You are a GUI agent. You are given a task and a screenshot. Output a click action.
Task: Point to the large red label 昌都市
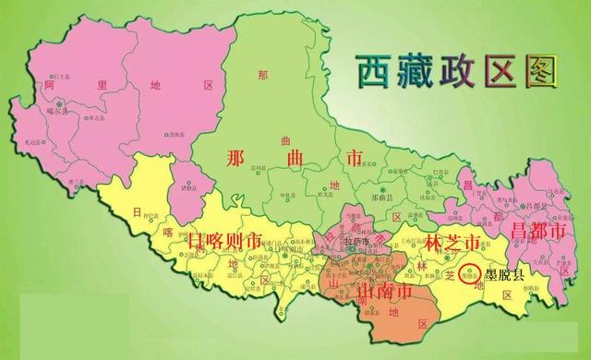tap(537, 232)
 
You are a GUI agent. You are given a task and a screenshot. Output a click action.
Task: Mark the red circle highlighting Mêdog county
tap(470, 273)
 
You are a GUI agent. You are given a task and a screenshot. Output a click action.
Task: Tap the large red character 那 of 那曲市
tap(236, 158)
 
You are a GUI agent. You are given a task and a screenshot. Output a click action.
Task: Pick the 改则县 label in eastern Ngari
tap(173, 135)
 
